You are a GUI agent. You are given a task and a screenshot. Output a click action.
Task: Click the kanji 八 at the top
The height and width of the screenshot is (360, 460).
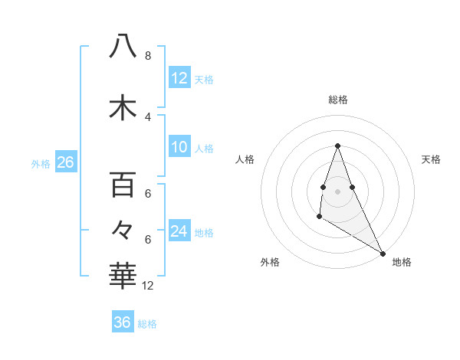pos(123,47)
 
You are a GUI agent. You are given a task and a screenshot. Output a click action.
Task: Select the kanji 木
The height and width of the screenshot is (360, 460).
pos(123,108)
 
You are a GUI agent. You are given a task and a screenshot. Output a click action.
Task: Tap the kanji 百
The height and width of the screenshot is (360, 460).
pos(123,185)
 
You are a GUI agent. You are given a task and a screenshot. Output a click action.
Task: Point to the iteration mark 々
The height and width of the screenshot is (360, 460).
pos(123,228)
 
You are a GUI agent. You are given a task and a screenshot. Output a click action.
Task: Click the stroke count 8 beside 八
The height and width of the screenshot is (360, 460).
pos(147,56)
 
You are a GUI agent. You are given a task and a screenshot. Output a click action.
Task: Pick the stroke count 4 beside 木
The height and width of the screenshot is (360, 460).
pos(147,116)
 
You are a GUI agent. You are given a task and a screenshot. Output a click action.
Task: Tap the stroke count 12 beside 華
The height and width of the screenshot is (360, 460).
pos(148,286)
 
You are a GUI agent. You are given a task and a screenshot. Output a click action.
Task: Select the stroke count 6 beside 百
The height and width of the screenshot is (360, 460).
pos(147,194)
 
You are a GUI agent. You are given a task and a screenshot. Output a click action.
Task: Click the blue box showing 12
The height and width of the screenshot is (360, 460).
pos(179,78)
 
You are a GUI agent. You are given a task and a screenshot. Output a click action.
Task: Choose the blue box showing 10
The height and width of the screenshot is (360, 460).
pos(179,147)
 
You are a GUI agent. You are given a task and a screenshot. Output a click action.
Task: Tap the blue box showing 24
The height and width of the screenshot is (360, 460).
pos(179,231)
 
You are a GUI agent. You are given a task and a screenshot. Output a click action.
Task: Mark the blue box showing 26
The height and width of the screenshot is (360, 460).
pos(65,162)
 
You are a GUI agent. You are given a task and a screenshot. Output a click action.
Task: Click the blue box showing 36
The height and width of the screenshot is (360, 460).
pos(123,322)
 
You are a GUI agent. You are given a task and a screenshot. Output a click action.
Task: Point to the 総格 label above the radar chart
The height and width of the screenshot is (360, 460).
pos(338,100)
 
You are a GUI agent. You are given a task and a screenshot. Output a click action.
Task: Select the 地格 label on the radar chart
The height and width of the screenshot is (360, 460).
pos(402,262)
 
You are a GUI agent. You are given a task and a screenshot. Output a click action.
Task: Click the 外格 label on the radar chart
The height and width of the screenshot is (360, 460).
pos(270,262)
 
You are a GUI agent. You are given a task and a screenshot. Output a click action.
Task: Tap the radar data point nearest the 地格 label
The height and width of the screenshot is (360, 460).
pos(383,252)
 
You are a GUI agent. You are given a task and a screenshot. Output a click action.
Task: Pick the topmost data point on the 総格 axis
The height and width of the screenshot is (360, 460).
pos(337,146)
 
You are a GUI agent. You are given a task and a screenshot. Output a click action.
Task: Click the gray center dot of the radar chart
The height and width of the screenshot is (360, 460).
pos(337,191)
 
